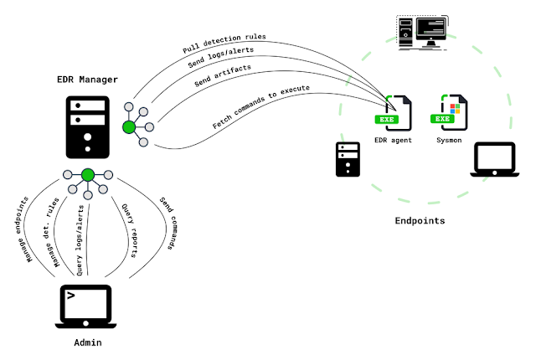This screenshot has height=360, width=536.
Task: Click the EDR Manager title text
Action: [x=87, y=80]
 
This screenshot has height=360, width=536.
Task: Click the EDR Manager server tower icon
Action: [x=87, y=126]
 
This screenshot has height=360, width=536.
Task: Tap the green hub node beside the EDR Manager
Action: [x=129, y=127]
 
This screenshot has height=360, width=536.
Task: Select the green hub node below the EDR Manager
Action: [x=87, y=175]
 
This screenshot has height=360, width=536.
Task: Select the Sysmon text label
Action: [x=448, y=141]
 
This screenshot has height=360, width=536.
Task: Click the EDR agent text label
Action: [x=394, y=141]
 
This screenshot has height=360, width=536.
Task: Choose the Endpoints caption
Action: [x=420, y=221]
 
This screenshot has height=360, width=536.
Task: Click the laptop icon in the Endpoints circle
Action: [x=493, y=158]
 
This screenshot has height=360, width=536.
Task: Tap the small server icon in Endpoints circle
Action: [x=348, y=159]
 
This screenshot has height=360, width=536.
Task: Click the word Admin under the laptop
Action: [x=88, y=343]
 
